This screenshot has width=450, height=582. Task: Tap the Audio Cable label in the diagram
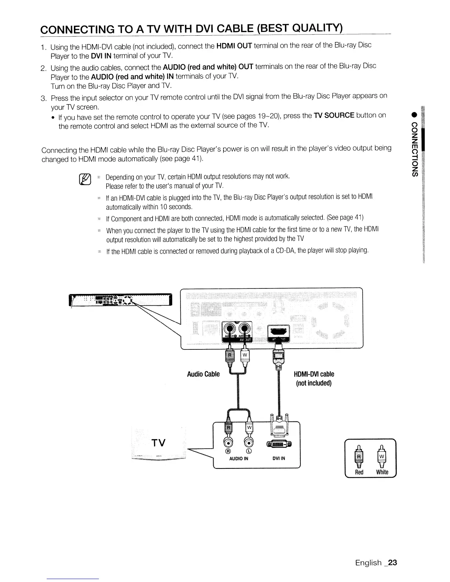tap(203, 374)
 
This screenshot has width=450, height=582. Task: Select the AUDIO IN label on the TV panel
tap(239, 458)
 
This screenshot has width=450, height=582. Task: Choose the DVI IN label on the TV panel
tap(279, 458)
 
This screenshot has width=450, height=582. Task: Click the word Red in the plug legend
tap(359, 472)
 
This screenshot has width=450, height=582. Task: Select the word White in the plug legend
tap(382, 472)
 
